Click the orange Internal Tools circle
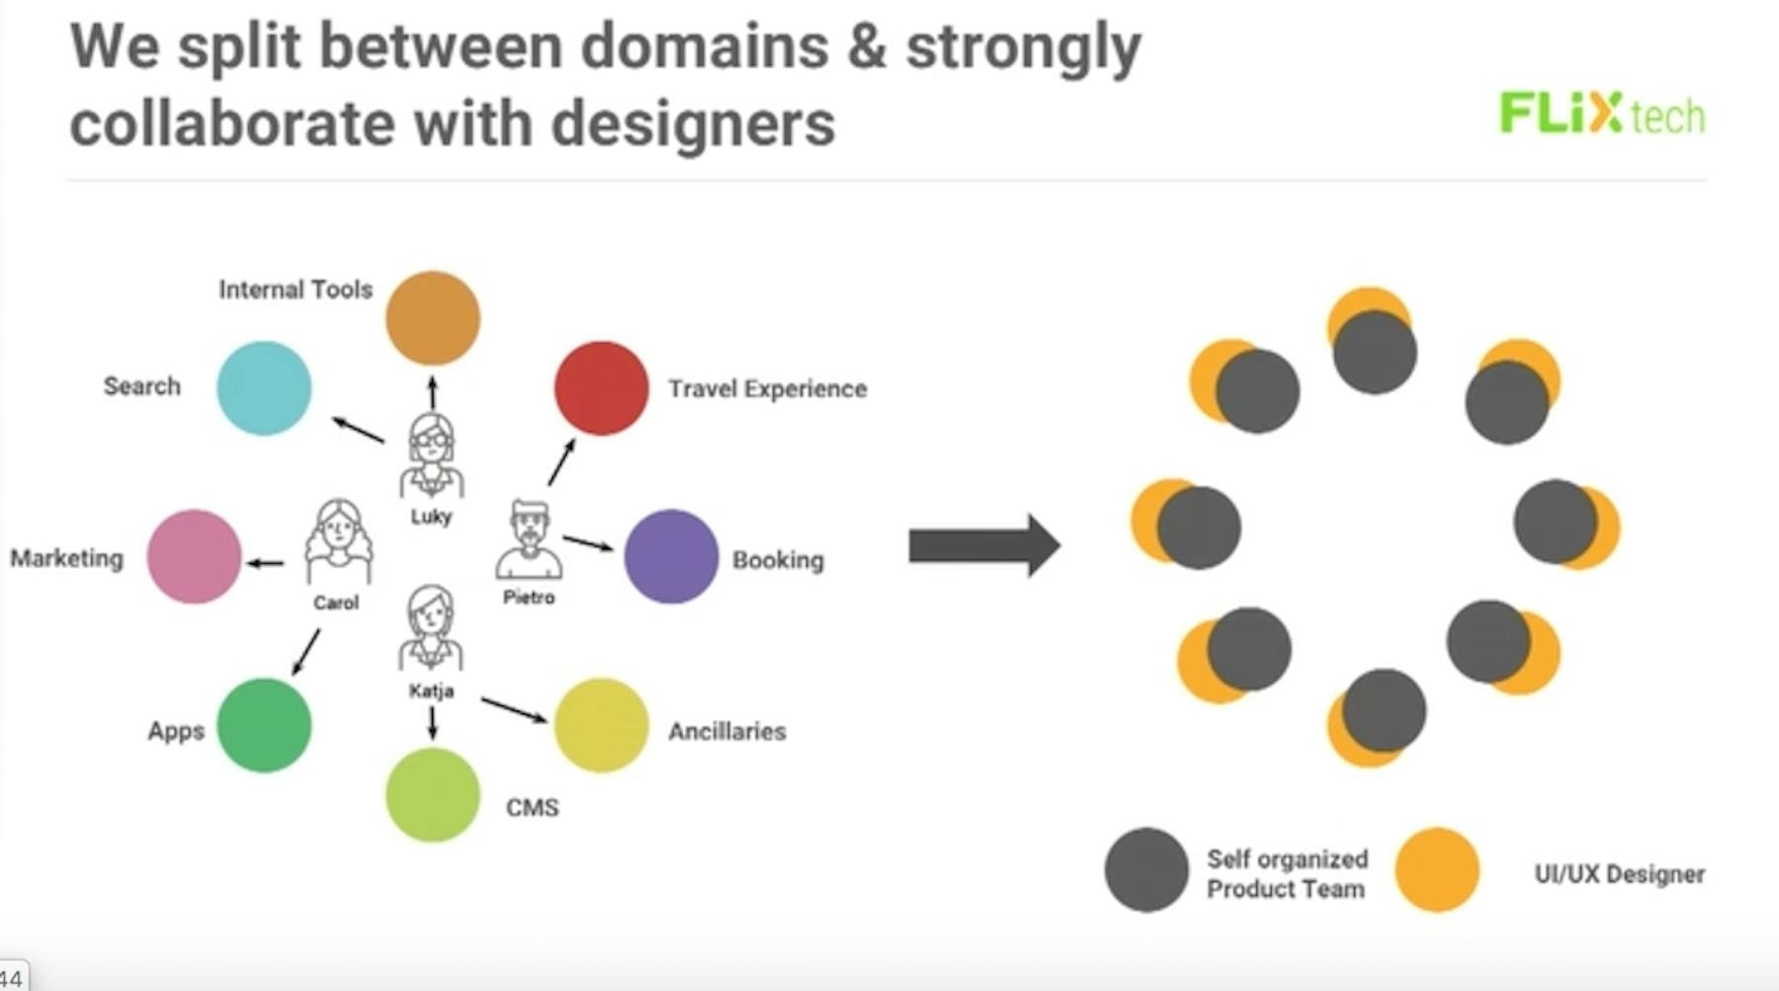coord(433,318)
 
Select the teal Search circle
coord(264,388)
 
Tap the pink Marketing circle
coord(194,556)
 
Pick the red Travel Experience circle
coord(601,388)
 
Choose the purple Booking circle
coord(671,556)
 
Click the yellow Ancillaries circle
coord(601,725)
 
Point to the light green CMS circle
coord(433,795)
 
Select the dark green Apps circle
coord(264,725)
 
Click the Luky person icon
coord(432,455)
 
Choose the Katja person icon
coord(431,628)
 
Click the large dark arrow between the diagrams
coord(984,544)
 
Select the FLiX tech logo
coord(1602,114)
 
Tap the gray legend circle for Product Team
coord(1146,869)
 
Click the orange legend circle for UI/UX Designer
coord(1437,869)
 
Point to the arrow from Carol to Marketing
coord(265,563)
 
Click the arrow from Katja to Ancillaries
coord(514,710)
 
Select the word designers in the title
coord(693,125)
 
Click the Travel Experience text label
coord(767,389)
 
